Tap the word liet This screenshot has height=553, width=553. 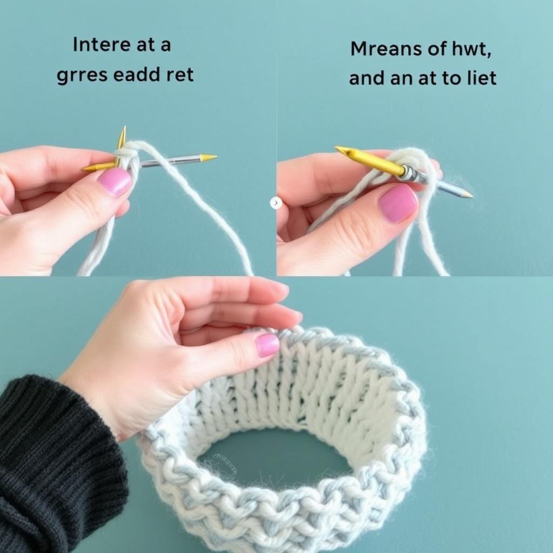pyautogui.click(x=482, y=77)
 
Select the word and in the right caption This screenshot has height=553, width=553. pyautogui.click(x=367, y=78)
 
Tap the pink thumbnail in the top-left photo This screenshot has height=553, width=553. pyautogui.click(x=114, y=181)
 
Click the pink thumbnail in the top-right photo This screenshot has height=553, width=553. pyautogui.click(x=397, y=204)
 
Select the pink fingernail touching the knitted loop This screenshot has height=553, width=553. pyautogui.click(x=267, y=345)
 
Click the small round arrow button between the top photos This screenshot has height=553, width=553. pyautogui.click(x=276, y=203)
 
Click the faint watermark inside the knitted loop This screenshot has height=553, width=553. pyautogui.click(x=226, y=462)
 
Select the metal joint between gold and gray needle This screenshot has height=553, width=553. pyautogui.click(x=410, y=172)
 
